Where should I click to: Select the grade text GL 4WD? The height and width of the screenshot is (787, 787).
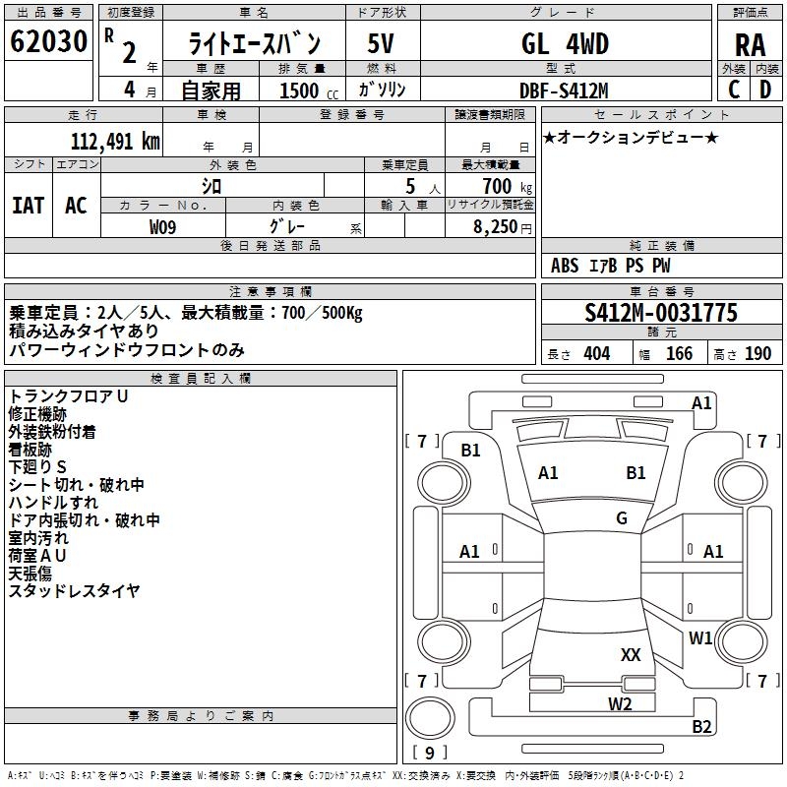[x=565, y=44]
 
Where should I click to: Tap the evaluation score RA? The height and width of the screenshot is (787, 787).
[x=750, y=45]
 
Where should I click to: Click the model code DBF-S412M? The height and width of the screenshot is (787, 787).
[x=564, y=91]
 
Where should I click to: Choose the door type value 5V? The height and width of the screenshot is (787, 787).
[x=383, y=44]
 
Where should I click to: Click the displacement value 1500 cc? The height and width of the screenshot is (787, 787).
[x=301, y=91]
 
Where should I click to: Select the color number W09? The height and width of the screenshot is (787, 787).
[x=163, y=227]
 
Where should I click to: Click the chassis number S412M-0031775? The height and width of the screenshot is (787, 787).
[x=660, y=314]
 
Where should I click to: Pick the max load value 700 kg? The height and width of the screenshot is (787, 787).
[x=505, y=186]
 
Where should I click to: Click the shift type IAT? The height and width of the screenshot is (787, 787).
[x=29, y=206]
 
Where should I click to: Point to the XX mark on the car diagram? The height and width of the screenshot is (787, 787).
[x=631, y=654]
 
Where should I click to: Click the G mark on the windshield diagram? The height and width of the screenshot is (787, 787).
[x=622, y=518]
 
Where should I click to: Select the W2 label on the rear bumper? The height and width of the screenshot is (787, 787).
[x=620, y=702]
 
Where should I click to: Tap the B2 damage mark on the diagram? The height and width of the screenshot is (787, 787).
[x=701, y=727]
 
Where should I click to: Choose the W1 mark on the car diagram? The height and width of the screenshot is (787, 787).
[x=700, y=637]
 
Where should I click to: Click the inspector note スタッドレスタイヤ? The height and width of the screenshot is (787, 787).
[x=75, y=591]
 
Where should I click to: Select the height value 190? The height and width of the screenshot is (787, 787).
[x=758, y=354]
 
